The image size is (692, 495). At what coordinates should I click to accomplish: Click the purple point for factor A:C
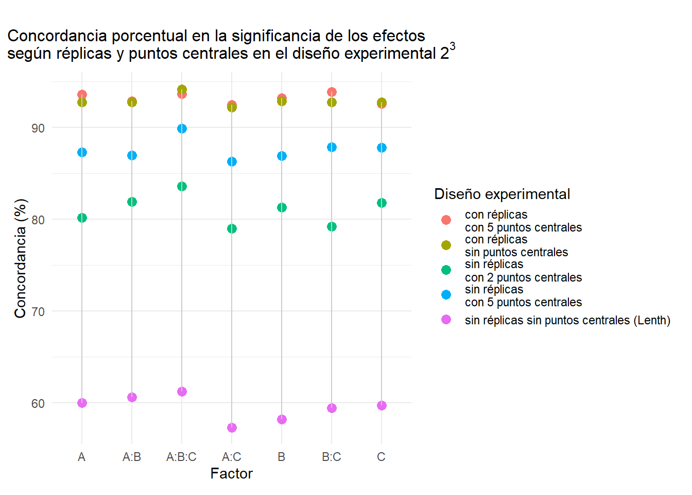tap(232, 427)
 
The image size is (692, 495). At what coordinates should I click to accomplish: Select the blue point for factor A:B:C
tap(182, 128)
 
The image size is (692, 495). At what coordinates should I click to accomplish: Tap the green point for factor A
tap(82, 218)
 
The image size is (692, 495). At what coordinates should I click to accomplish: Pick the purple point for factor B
tap(282, 419)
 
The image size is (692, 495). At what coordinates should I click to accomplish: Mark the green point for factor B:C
tap(332, 226)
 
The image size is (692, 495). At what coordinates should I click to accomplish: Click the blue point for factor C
tap(382, 147)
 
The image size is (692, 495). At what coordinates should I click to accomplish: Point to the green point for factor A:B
tap(132, 202)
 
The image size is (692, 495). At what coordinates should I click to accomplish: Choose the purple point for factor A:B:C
tap(182, 391)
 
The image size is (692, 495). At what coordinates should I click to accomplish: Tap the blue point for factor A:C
tap(232, 161)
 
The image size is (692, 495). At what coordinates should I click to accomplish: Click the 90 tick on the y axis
tap(38, 128)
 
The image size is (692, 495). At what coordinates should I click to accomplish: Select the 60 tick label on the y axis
tap(38, 403)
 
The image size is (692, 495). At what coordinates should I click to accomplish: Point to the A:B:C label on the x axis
tap(181, 457)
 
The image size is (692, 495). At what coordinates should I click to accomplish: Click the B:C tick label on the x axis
tap(332, 457)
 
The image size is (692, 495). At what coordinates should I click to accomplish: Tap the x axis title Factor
tap(231, 474)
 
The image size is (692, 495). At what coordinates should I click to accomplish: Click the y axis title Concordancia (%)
tap(20, 258)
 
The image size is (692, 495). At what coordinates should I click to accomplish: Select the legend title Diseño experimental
tap(502, 194)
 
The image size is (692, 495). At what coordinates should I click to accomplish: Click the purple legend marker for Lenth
tap(446, 320)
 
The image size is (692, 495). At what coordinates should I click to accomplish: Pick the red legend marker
tap(446, 220)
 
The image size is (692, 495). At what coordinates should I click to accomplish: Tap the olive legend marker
tap(446, 245)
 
